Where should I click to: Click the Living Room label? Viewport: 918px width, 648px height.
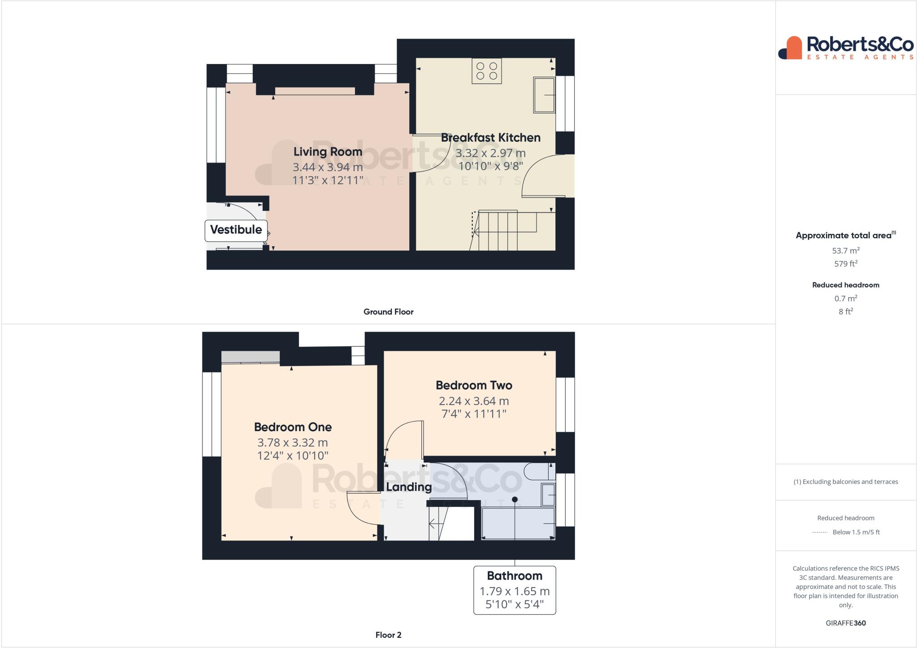pos(328,151)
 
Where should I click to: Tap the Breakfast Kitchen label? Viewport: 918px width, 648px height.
pos(490,138)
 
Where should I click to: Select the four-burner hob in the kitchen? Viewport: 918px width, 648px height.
pos(486,71)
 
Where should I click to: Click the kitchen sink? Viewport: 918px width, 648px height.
pos(544,95)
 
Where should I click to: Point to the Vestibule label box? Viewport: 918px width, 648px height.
pos(236,230)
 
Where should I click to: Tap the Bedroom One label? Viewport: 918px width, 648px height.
pos(293,427)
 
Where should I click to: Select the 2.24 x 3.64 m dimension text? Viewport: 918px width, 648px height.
pos(473,401)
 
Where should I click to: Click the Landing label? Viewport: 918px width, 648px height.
pos(409,487)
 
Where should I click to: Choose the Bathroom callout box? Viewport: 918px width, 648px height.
pos(514,590)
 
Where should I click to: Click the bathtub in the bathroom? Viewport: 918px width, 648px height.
pos(518,523)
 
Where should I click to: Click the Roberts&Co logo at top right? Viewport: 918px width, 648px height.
pos(845,48)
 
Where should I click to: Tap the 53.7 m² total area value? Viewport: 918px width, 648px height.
pos(845,251)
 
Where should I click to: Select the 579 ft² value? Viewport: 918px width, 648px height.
pos(845,264)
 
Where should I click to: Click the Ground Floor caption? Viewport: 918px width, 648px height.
pos(388,312)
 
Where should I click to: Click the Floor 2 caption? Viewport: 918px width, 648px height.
pos(388,635)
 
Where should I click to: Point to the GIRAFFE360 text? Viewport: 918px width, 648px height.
pos(845,623)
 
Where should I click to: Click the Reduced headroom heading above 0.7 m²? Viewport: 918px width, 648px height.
pos(845,285)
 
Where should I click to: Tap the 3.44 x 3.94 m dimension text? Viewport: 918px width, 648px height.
pos(328,167)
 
